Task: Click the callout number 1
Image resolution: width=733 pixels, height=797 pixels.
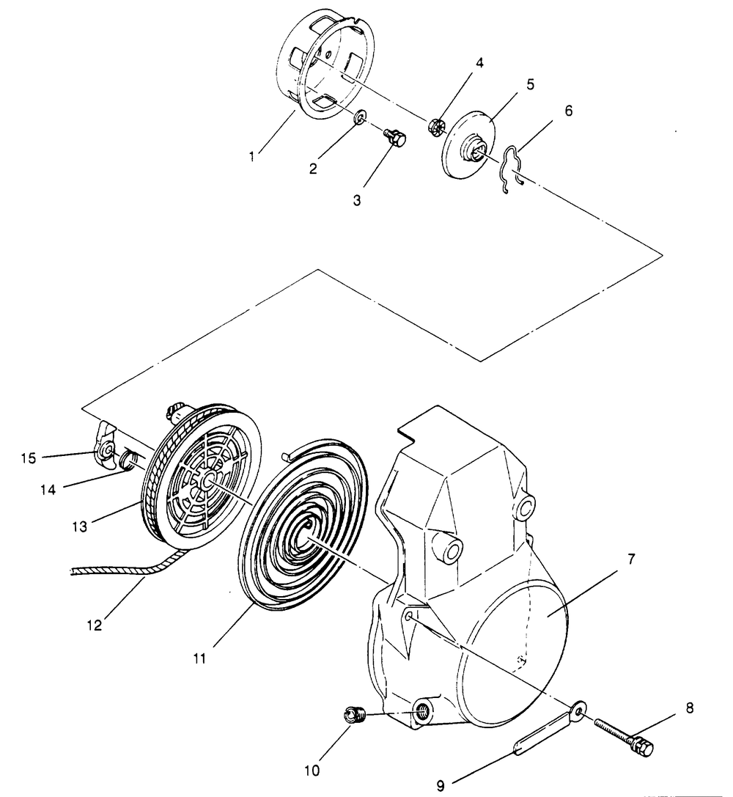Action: click(251, 157)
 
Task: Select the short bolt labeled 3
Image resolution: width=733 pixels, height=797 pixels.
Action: click(396, 136)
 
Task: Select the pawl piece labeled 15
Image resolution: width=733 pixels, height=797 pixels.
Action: click(105, 447)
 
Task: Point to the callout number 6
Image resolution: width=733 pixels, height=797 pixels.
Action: click(569, 111)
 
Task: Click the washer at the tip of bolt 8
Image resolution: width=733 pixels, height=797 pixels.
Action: click(580, 708)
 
